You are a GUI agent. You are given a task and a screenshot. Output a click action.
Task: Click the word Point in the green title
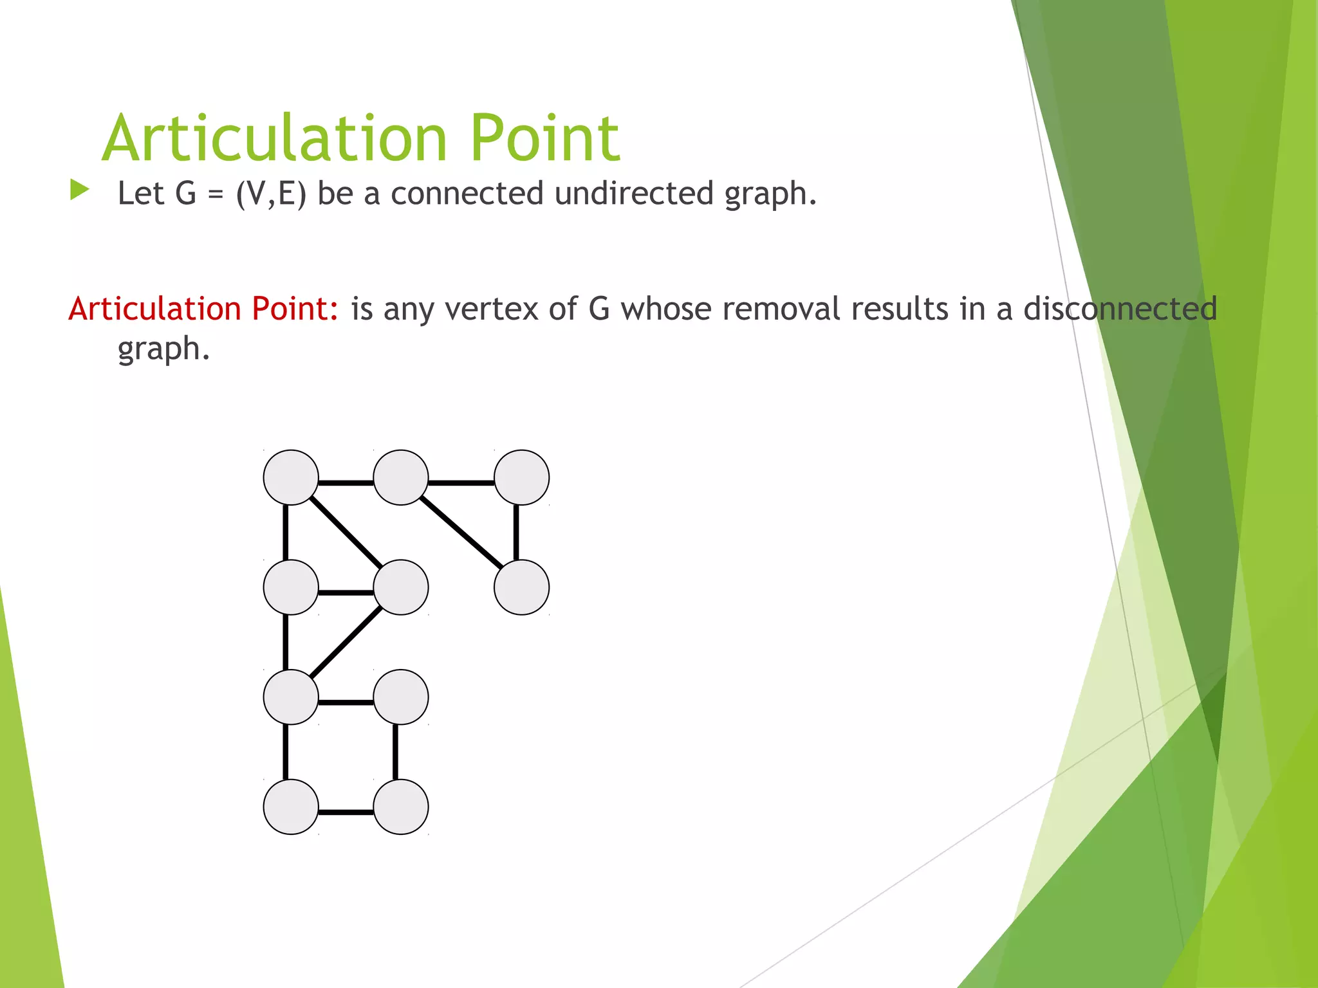pos(544,138)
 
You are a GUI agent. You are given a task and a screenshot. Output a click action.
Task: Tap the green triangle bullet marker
pos(79,190)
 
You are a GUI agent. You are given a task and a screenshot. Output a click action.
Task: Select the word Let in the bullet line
pos(141,194)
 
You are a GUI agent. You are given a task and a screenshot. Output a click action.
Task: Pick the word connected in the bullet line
pos(467,194)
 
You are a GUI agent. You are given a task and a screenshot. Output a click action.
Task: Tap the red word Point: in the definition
pos(295,309)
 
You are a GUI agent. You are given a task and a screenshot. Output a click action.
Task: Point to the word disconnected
pos(1120,309)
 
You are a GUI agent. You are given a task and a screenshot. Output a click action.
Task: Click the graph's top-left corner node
pos(291,477)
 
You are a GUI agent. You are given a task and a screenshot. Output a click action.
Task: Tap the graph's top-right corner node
pos(521,477)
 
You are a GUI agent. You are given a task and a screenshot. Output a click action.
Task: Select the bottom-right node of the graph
pos(401,807)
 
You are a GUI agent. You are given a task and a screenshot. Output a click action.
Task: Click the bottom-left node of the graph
pos(291,807)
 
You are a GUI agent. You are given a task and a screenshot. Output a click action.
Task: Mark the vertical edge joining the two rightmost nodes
pos(516,533)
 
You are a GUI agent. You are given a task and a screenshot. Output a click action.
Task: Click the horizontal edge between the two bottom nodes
pos(346,812)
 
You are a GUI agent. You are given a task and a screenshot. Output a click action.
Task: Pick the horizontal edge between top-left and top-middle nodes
pos(346,482)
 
